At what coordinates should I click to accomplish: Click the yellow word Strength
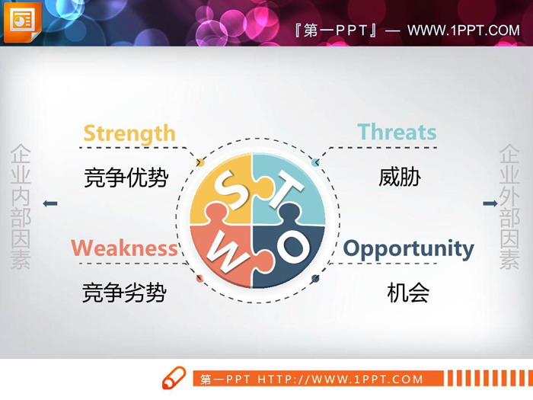pyautogui.click(x=129, y=133)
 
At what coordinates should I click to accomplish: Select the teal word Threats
pyautogui.click(x=397, y=132)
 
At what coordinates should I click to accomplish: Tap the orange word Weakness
pyautogui.click(x=124, y=248)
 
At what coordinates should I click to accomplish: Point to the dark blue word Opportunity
pyautogui.click(x=408, y=249)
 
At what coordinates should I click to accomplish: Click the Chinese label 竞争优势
pyautogui.click(x=126, y=178)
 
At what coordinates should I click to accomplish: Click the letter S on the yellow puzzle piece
pyautogui.click(x=226, y=190)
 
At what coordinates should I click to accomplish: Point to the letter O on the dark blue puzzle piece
pyautogui.click(x=292, y=246)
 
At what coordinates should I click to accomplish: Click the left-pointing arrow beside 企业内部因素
pyautogui.click(x=50, y=203)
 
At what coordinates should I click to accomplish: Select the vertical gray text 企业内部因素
pyautogui.click(x=21, y=207)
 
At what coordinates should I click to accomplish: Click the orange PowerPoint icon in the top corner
pyautogui.click(x=21, y=21)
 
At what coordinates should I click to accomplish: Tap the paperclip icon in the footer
pyautogui.click(x=174, y=378)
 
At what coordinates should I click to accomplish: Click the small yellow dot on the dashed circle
pyautogui.click(x=200, y=162)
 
